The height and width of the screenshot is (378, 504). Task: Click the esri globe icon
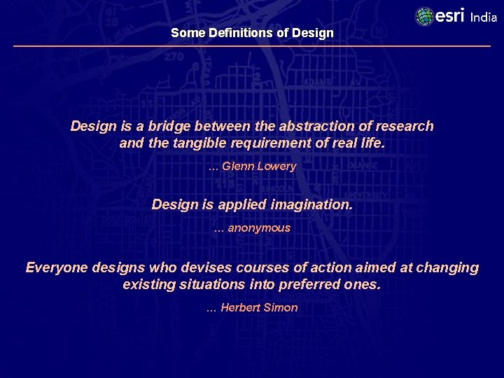coord(424,17)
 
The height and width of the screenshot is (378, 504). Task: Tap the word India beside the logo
coord(484,17)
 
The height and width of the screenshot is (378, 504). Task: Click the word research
coord(406,127)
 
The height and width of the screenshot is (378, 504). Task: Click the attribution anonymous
coord(258,228)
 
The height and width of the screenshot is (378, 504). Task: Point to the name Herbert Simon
coord(259,308)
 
